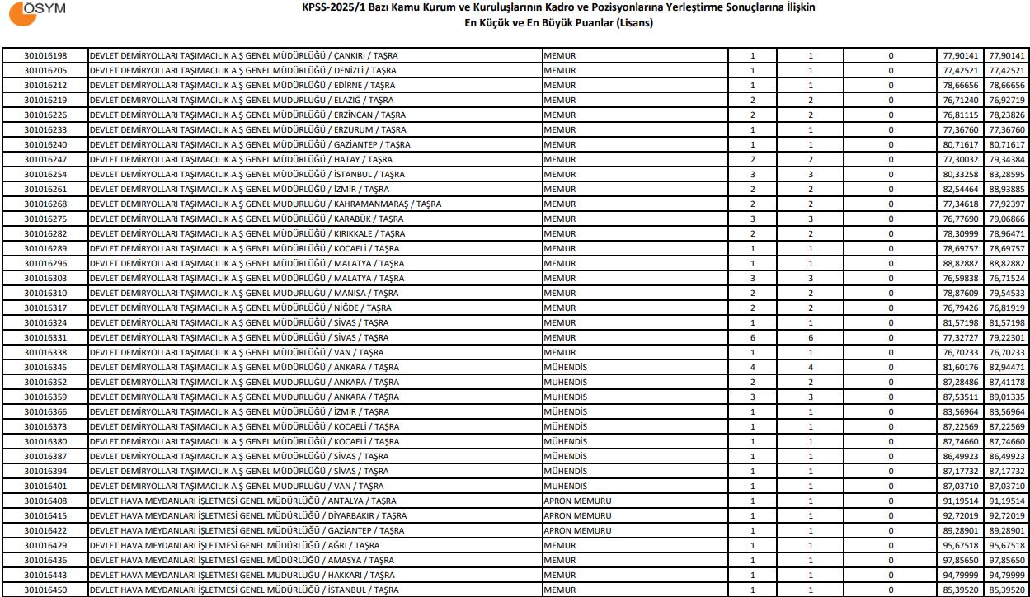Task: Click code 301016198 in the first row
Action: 45,56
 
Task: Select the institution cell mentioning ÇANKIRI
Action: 243,56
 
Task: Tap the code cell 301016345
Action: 45,368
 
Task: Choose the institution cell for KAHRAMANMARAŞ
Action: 265,204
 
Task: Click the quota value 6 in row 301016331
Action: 752,338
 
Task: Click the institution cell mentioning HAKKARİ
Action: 242,576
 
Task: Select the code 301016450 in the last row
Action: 45,590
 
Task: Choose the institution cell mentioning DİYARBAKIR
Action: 247,516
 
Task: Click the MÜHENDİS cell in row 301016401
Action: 566,487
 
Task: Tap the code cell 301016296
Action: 45,264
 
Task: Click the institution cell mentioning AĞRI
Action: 235,546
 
